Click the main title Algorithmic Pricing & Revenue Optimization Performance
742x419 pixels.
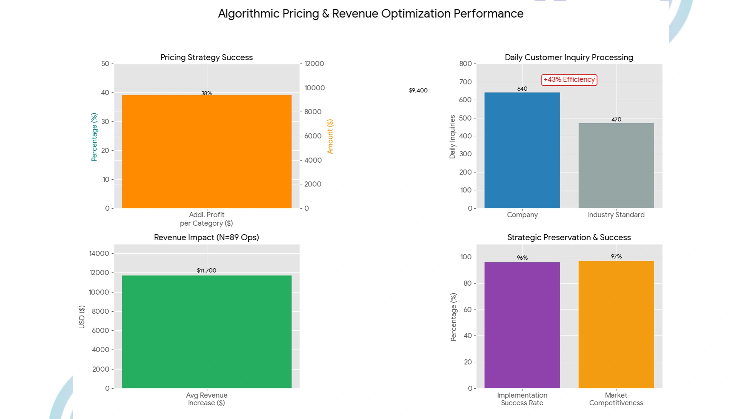point(370,14)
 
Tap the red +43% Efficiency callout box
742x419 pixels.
point(569,80)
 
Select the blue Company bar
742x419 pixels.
point(522,150)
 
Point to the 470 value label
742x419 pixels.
point(616,119)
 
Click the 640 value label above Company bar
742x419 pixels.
point(522,89)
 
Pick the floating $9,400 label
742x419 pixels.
point(418,90)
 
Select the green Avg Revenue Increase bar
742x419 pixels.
point(206,332)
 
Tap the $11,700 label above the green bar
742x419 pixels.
point(206,270)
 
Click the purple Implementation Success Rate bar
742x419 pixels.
point(522,325)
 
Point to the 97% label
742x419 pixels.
point(616,256)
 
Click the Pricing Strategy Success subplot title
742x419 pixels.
point(206,57)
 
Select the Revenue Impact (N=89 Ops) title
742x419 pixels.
point(206,237)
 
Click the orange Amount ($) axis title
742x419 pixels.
point(330,136)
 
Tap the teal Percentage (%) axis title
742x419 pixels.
point(94,137)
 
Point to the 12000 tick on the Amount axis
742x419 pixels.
point(314,64)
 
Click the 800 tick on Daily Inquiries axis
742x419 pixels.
point(465,64)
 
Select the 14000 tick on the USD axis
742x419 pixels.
point(99,253)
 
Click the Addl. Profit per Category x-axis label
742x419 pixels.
point(206,219)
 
